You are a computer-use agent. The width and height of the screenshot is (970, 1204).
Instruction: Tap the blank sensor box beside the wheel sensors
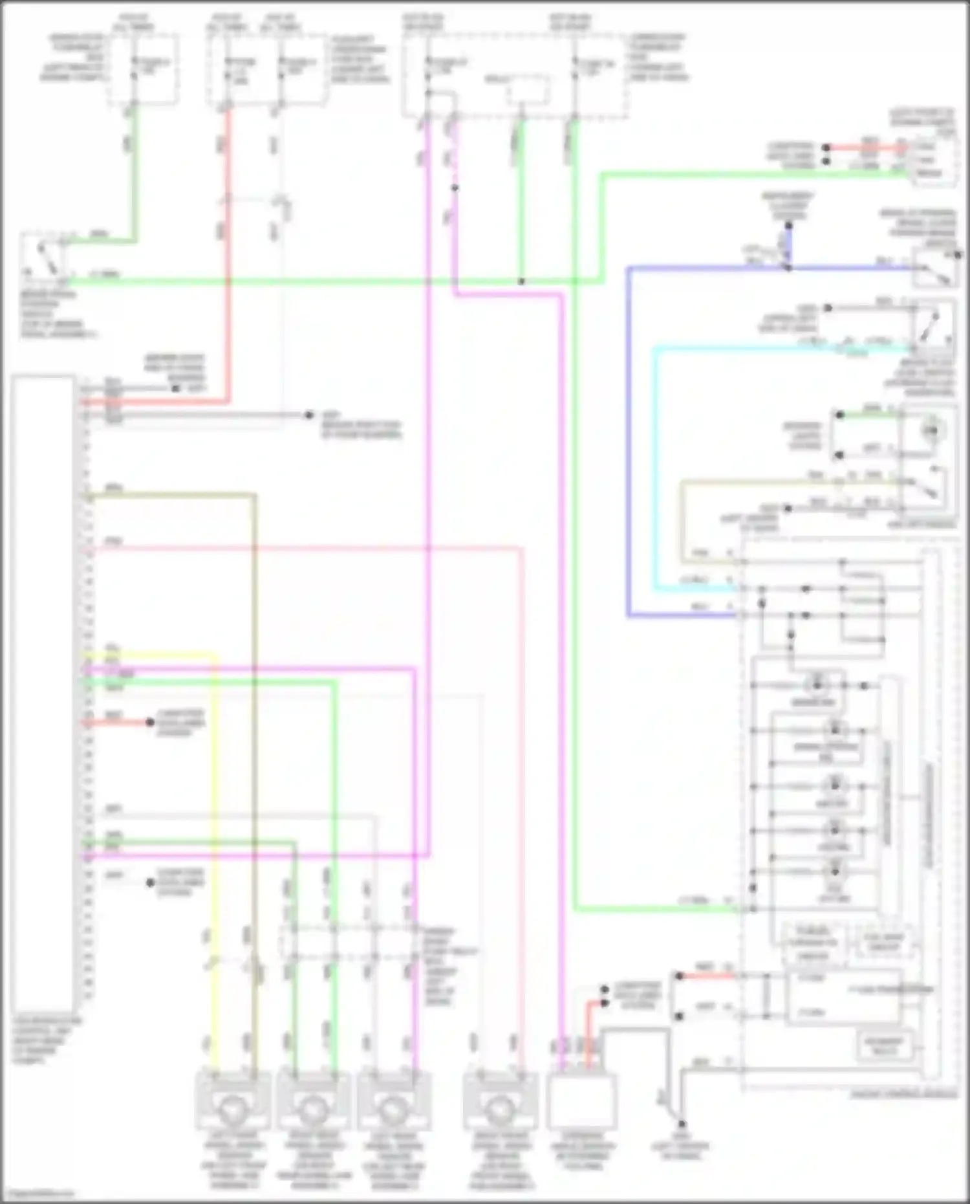point(581,1100)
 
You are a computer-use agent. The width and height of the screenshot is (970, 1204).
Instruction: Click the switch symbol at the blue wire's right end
point(935,267)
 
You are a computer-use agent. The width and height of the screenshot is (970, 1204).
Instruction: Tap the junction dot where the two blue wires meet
point(788,267)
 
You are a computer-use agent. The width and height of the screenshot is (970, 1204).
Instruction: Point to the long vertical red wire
point(228,259)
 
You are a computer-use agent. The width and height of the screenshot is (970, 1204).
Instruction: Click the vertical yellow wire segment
point(215,841)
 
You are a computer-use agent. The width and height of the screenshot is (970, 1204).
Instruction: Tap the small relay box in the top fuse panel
point(528,89)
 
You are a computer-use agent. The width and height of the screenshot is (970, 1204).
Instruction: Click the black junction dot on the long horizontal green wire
point(521,281)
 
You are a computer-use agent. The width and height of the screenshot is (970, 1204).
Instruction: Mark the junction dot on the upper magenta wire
point(455,188)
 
